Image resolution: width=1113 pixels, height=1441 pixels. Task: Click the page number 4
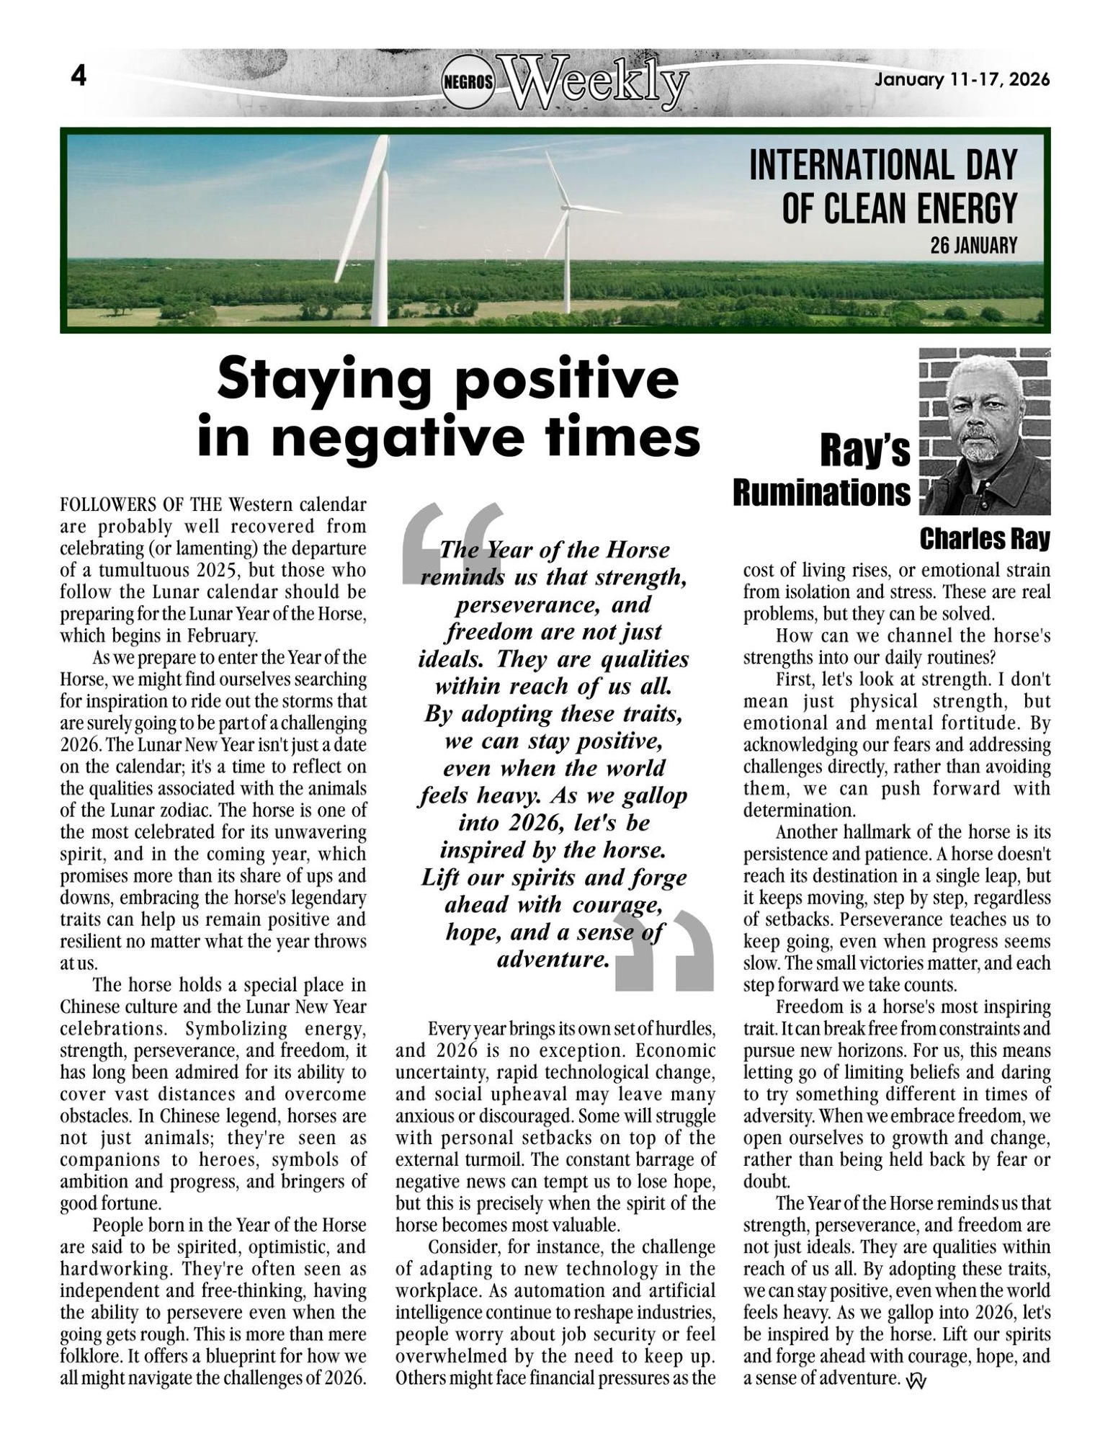pyautogui.click(x=78, y=76)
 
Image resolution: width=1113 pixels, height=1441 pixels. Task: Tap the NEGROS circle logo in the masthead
pyautogui.click(x=468, y=81)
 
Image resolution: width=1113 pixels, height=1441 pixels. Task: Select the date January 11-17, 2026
pyautogui.click(x=962, y=80)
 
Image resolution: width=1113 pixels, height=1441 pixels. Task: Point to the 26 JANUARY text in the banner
pyautogui.click(x=973, y=246)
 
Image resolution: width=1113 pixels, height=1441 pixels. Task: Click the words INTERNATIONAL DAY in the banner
pyautogui.click(x=882, y=165)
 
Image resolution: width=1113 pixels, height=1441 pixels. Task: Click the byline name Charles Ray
pyautogui.click(x=984, y=538)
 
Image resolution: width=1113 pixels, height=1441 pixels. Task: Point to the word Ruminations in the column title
pyautogui.click(x=821, y=494)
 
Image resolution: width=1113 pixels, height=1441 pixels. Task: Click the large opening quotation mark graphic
pyautogui.click(x=450, y=540)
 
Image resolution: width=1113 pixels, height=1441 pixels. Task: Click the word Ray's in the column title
pyautogui.click(x=864, y=452)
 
